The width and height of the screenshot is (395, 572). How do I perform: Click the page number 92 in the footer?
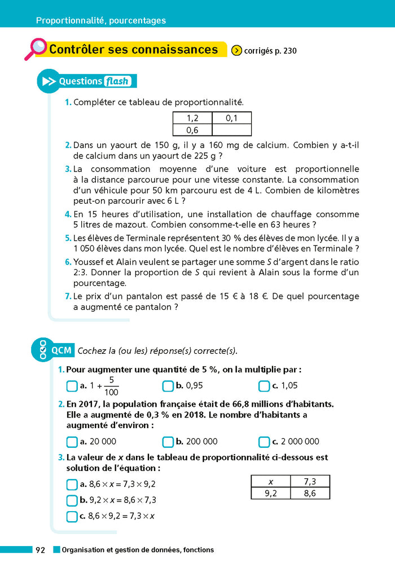pos(40,550)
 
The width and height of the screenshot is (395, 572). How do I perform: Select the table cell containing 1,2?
pos(192,118)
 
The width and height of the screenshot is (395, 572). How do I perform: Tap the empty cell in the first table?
pos(231,130)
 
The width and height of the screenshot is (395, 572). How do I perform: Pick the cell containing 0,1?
pos(231,118)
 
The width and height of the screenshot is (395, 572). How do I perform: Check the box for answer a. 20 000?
pos(72,442)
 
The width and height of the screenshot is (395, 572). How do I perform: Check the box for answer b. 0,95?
pos(168,386)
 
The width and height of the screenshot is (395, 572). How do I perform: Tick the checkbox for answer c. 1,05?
pos(264,386)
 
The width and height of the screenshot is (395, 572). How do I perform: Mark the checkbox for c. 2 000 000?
pos(264,442)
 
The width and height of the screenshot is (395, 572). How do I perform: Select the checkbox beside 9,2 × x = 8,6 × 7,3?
pos(72,500)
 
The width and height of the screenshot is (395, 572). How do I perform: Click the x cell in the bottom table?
pos(270,481)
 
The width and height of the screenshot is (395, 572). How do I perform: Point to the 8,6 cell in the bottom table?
pos(310,493)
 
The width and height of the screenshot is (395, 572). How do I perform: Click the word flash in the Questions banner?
pos(117,81)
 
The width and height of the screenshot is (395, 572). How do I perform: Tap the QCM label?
pos(62,350)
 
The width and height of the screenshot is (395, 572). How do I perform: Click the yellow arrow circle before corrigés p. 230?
pos(237,51)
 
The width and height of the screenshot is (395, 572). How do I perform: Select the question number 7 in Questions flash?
pos(68,296)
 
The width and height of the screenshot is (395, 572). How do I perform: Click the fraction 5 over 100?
pos(112,386)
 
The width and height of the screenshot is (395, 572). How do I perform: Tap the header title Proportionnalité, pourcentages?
pos(101,21)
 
